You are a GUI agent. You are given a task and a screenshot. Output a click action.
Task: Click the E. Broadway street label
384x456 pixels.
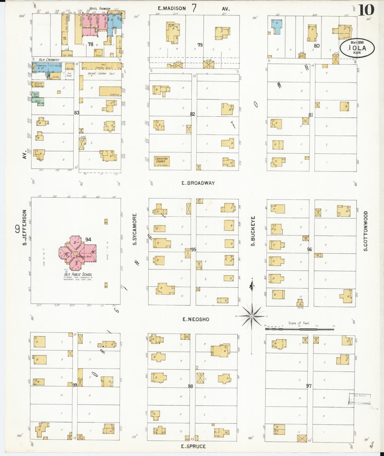[198, 183]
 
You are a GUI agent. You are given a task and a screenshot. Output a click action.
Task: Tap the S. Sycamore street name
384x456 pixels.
[135, 229]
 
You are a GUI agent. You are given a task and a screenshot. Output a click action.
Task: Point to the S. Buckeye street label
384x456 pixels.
[253, 231]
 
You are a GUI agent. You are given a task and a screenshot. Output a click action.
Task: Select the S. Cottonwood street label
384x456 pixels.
[366, 231]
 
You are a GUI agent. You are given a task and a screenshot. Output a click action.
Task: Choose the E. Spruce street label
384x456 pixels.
[193, 446]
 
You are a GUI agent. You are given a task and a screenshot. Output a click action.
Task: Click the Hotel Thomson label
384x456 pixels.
[100, 9]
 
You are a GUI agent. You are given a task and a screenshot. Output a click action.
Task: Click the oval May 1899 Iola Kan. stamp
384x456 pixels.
[357, 48]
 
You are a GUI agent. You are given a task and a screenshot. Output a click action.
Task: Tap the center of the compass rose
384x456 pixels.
[251, 316]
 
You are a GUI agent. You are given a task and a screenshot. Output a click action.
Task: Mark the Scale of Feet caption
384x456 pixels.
[299, 323]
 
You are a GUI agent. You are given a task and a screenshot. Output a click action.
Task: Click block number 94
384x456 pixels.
[88, 239]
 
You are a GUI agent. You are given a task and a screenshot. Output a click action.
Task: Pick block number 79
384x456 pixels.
[200, 45]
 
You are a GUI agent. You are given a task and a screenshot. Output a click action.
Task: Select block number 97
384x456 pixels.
[309, 386]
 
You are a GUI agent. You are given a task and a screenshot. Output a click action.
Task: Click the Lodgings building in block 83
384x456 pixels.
[110, 91]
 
